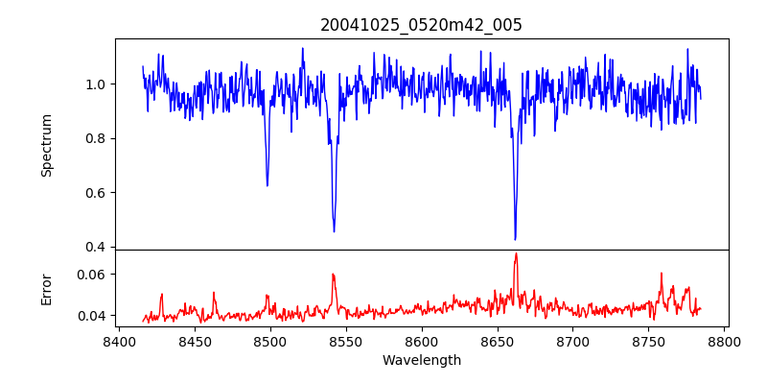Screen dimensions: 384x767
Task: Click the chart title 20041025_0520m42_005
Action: tap(421, 25)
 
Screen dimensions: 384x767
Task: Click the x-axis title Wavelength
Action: tap(421, 360)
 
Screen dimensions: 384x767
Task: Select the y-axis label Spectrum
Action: tap(46, 145)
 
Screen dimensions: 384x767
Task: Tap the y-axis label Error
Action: tap(46, 289)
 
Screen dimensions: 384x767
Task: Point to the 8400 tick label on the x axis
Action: tap(118, 341)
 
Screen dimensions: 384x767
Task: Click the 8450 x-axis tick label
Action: tap(194, 341)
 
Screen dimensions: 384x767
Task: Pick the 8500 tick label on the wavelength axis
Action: tap(269, 341)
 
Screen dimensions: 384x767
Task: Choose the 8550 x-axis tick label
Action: tap(345, 341)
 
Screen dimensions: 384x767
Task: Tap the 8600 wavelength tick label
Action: tap(421, 341)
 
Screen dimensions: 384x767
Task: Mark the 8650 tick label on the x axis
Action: tap(497, 341)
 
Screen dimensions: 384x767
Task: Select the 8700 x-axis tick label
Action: tap(572, 341)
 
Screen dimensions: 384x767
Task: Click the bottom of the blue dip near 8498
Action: tap(267, 185)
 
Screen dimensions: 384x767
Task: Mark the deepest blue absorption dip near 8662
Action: tap(515, 239)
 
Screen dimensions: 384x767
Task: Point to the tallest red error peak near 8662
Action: tap(516, 253)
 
